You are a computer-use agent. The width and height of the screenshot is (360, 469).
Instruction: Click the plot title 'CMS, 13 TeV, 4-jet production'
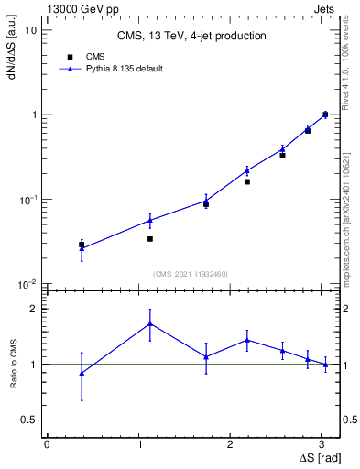point(191,37)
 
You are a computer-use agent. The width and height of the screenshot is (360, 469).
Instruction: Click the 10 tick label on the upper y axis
point(30,30)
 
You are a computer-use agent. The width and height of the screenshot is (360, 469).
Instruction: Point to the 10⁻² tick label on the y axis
point(27,285)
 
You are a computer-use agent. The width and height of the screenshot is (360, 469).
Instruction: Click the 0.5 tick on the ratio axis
point(28,420)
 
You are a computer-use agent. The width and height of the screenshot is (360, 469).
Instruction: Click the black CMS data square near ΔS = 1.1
point(150,239)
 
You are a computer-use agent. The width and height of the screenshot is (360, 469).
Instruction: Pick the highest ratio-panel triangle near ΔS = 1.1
point(150,323)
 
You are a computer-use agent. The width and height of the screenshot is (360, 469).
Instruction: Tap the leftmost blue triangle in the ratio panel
point(82,373)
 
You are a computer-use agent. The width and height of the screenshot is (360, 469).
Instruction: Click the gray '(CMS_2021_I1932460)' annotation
point(191,274)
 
